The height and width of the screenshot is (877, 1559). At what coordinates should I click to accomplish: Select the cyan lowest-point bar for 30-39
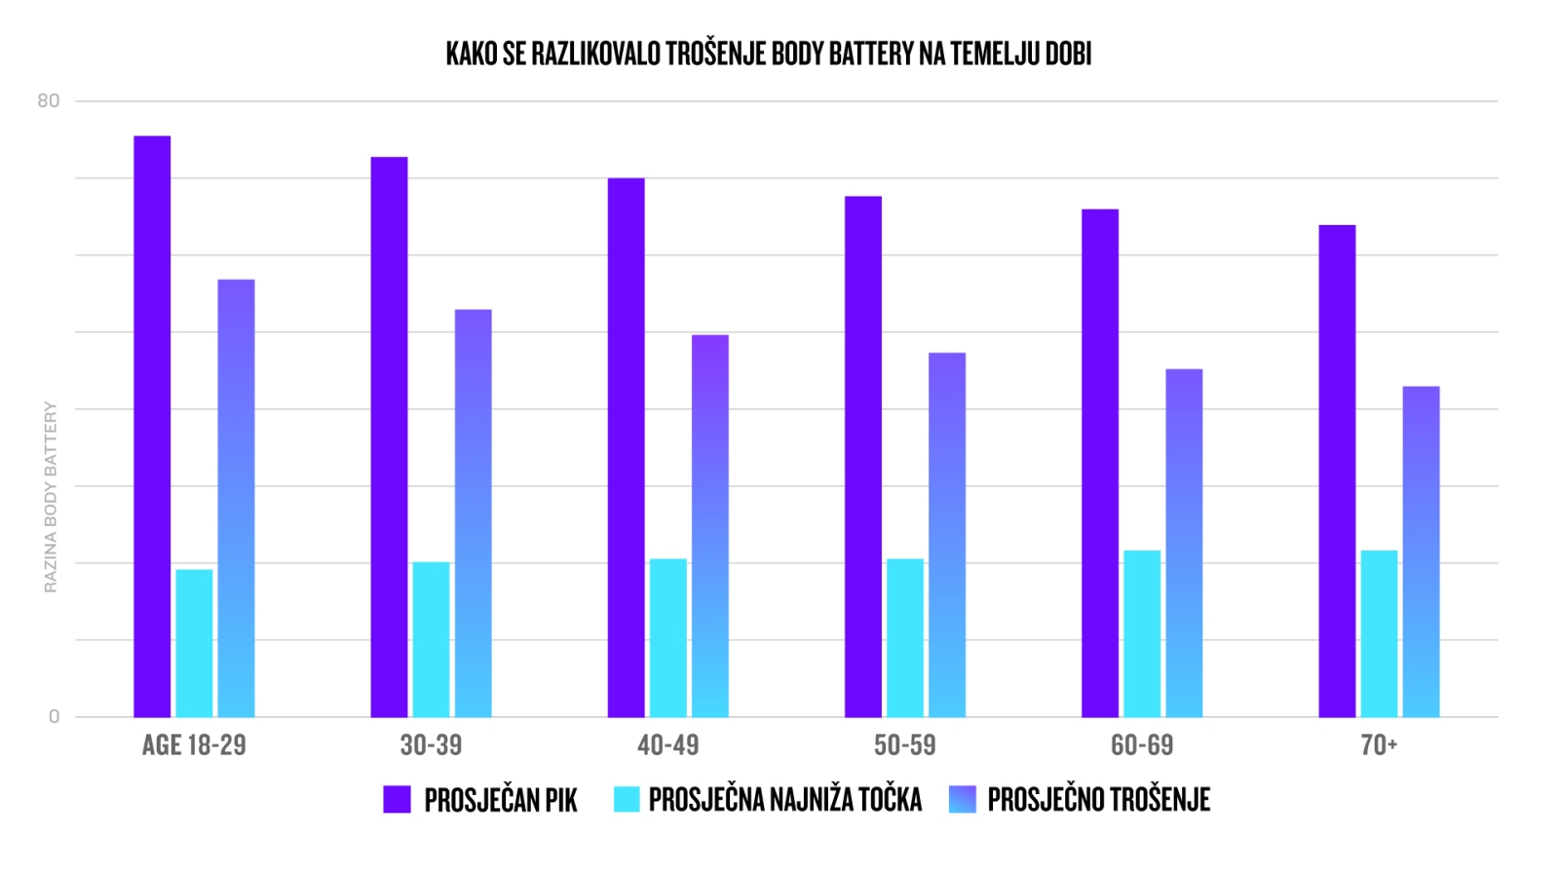[431, 639]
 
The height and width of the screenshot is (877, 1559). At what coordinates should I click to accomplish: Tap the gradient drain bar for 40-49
[710, 526]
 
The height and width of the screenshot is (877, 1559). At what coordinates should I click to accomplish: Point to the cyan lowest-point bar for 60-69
[1142, 633]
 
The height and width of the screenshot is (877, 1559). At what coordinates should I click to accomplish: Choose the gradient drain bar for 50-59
[947, 535]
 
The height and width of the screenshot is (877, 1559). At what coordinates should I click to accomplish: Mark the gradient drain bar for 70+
[1421, 552]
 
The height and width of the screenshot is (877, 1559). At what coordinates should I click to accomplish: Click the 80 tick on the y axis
[49, 101]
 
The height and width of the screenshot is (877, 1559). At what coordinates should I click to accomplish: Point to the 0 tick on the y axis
[55, 717]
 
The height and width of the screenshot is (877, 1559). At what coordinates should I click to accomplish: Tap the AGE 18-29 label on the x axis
[194, 745]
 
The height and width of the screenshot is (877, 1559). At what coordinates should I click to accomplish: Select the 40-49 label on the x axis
[668, 745]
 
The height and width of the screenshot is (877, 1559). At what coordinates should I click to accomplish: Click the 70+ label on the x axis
[1379, 745]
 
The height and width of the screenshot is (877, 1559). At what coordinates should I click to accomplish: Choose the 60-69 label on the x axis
[1142, 745]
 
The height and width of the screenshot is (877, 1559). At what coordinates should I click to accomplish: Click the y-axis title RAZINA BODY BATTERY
[51, 497]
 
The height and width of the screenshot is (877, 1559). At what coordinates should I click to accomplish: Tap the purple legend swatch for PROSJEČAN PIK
[397, 799]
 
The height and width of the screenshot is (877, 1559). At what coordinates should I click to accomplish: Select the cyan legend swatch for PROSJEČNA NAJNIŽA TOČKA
[627, 799]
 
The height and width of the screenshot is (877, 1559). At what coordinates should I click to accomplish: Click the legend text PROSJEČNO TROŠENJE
[1098, 800]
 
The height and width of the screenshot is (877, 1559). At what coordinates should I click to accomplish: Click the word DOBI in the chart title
[1068, 54]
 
